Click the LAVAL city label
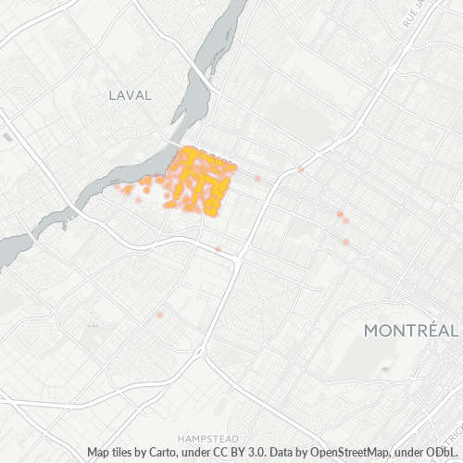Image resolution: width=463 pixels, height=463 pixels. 130,94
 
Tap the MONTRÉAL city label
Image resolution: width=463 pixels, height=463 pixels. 410,331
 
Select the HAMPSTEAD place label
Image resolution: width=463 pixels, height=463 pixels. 208,436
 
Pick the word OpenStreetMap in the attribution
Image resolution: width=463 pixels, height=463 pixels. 335,452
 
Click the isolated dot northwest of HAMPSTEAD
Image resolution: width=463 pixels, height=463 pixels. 160,316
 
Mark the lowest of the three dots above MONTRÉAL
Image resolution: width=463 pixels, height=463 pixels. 346,242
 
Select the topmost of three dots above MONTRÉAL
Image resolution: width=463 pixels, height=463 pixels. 340,214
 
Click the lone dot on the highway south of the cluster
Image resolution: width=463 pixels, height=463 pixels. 218,248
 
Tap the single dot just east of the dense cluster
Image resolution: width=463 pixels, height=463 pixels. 258,177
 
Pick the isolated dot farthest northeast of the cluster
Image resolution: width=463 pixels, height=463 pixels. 301,169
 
